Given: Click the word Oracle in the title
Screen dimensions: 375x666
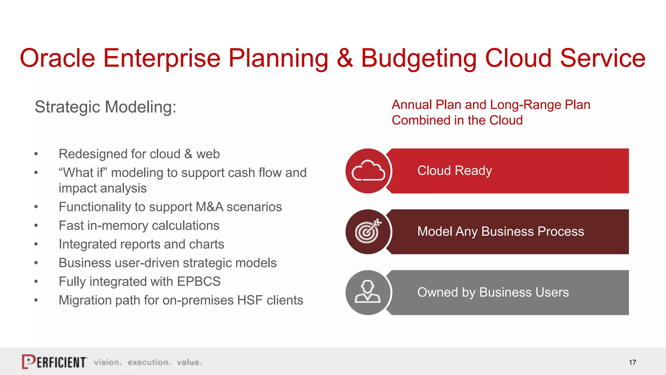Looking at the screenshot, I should (57, 58).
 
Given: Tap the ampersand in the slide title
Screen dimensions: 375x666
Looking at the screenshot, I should (345, 58).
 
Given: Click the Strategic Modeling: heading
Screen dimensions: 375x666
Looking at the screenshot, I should (105, 107).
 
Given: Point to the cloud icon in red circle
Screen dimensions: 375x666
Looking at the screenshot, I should (368, 171).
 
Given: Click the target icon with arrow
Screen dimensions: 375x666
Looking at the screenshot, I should (368, 231).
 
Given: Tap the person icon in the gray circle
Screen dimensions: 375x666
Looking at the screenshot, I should (367, 292).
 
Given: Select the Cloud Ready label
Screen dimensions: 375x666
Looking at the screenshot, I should (454, 171).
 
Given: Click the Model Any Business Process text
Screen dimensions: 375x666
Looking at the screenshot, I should (500, 231).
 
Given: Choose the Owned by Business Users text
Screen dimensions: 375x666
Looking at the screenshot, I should (493, 292).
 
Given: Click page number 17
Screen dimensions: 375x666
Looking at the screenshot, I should (632, 362).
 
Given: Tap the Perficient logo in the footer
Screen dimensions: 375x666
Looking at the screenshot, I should (54, 362).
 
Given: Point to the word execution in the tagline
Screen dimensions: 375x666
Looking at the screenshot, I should (149, 362).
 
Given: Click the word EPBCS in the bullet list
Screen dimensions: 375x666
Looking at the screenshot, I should (199, 282).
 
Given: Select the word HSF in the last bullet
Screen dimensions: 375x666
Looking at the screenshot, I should (249, 300).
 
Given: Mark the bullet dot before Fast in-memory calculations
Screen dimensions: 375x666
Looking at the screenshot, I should (36, 226).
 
